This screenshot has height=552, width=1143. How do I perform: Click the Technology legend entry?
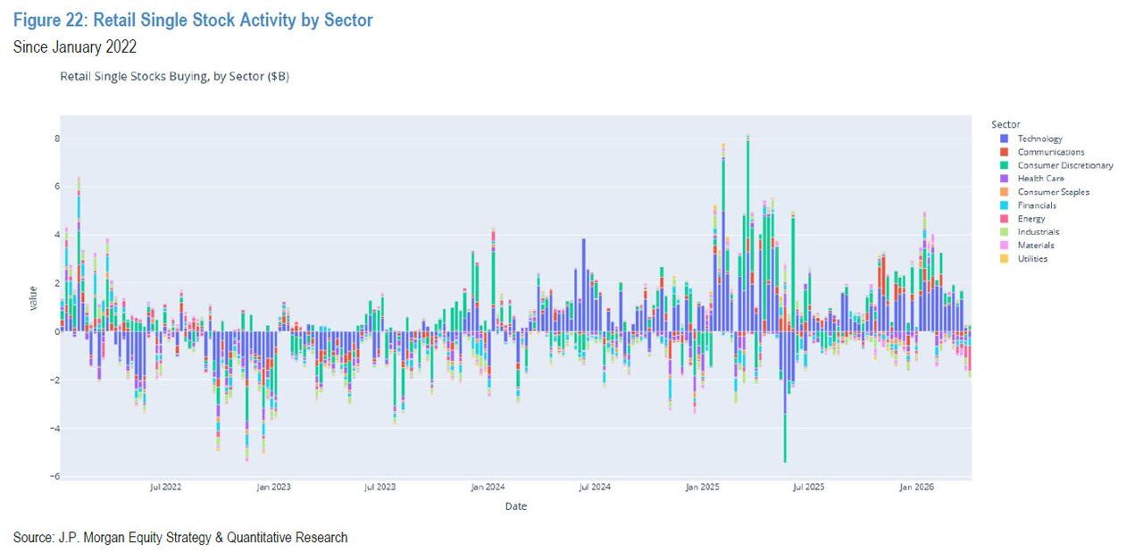(1039, 138)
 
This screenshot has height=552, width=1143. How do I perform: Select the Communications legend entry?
(1050, 152)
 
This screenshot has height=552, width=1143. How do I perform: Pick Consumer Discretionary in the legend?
(1064, 165)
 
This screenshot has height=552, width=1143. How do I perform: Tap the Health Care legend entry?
(1040, 179)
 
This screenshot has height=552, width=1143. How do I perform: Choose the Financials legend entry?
(1037, 205)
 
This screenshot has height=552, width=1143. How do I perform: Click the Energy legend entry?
(1030, 219)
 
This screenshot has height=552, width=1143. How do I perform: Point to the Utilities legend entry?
(1032, 259)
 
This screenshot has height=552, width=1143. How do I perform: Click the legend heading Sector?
(1005, 124)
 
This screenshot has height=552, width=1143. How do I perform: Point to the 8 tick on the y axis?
(55, 138)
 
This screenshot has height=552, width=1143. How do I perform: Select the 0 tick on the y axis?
(55, 331)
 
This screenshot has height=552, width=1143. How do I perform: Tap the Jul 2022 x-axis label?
(165, 488)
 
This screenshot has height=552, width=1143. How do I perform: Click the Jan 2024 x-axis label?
(488, 488)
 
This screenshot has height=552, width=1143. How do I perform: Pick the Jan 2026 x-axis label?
(916, 488)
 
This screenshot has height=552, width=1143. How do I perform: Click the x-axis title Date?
(515, 506)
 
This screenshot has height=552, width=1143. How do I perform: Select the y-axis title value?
(33, 297)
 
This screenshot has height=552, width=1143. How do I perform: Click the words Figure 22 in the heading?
(46, 20)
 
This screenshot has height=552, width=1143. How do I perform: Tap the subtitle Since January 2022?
(74, 47)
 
